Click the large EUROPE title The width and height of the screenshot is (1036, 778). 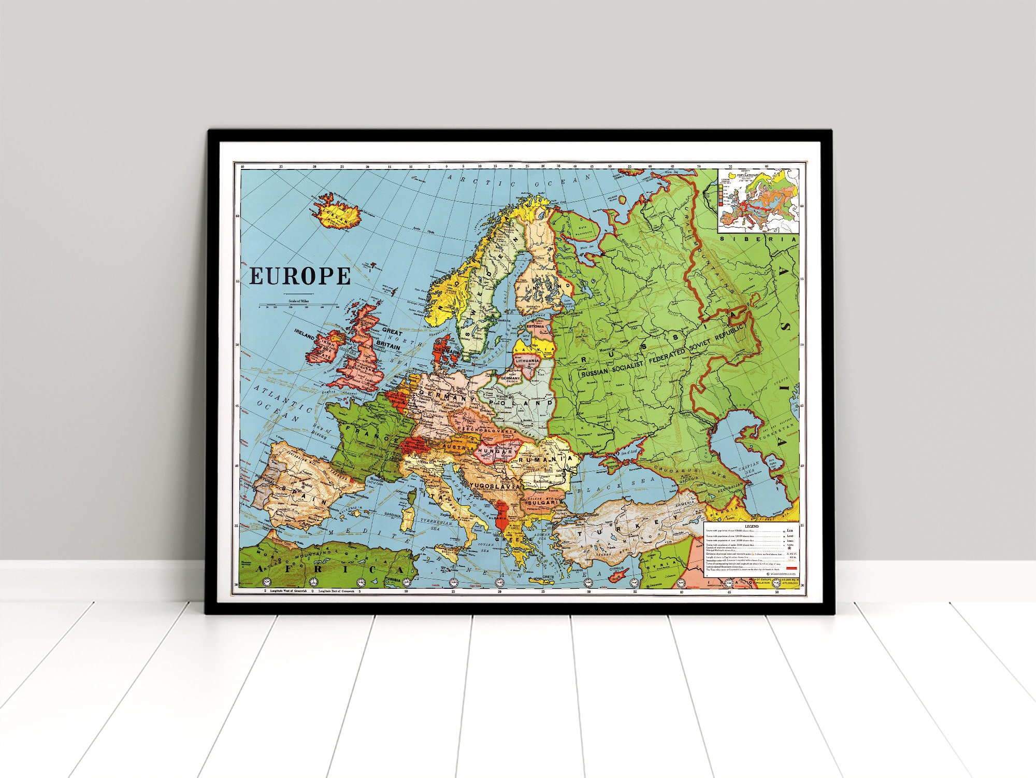[300, 276]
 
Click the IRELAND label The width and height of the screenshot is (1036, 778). [305, 331]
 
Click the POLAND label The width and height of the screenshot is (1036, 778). [518, 403]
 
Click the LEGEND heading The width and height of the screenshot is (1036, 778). [751, 526]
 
